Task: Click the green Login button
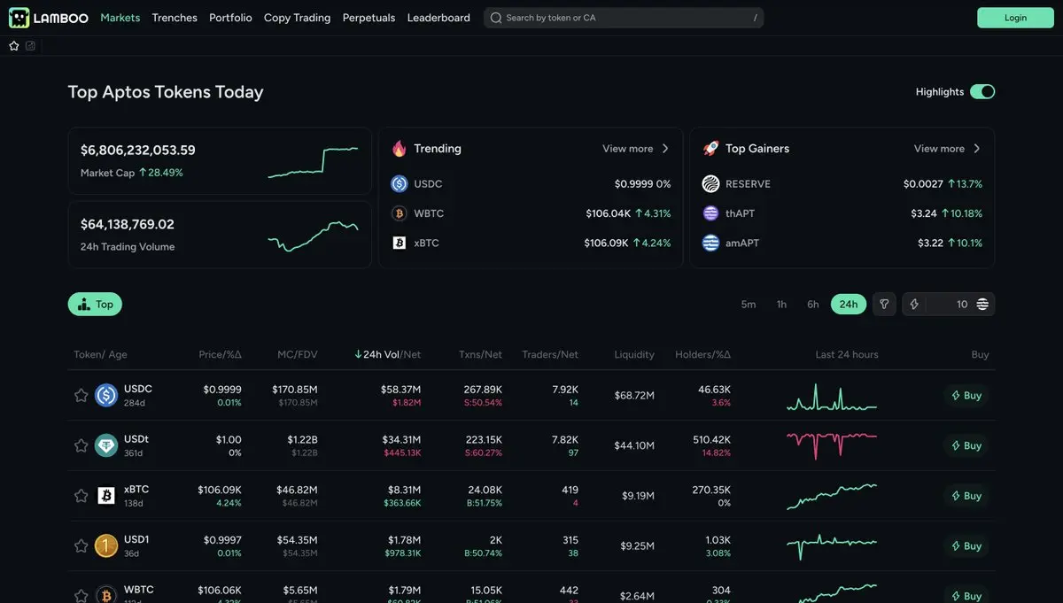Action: click(1015, 18)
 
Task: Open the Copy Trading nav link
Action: click(297, 18)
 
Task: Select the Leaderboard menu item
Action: click(438, 18)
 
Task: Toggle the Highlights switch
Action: click(982, 92)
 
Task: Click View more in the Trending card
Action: click(635, 149)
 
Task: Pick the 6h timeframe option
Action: click(812, 305)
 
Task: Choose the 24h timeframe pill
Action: click(849, 305)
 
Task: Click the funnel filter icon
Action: click(883, 305)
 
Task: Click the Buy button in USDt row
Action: click(966, 445)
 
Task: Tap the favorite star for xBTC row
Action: click(81, 496)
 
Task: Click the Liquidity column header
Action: click(634, 354)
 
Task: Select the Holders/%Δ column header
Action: click(702, 354)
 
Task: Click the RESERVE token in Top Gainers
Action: click(748, 184)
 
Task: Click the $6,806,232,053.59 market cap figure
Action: click(138, 151)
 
